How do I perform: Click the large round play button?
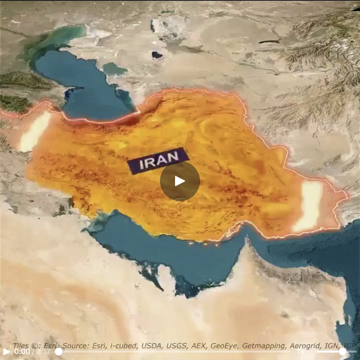click(x=180, y=181)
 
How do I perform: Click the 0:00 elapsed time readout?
click(x=22, y=351)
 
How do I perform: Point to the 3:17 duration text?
click(x=44, y=351)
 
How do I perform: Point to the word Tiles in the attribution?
click(x=23, y=345)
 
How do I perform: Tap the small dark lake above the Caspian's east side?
click(x=157, y=55)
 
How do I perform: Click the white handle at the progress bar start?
click(x=59, y=351)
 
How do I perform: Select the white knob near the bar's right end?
click(x=343, y=351)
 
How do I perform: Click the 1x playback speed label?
click(x=300, y=351)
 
